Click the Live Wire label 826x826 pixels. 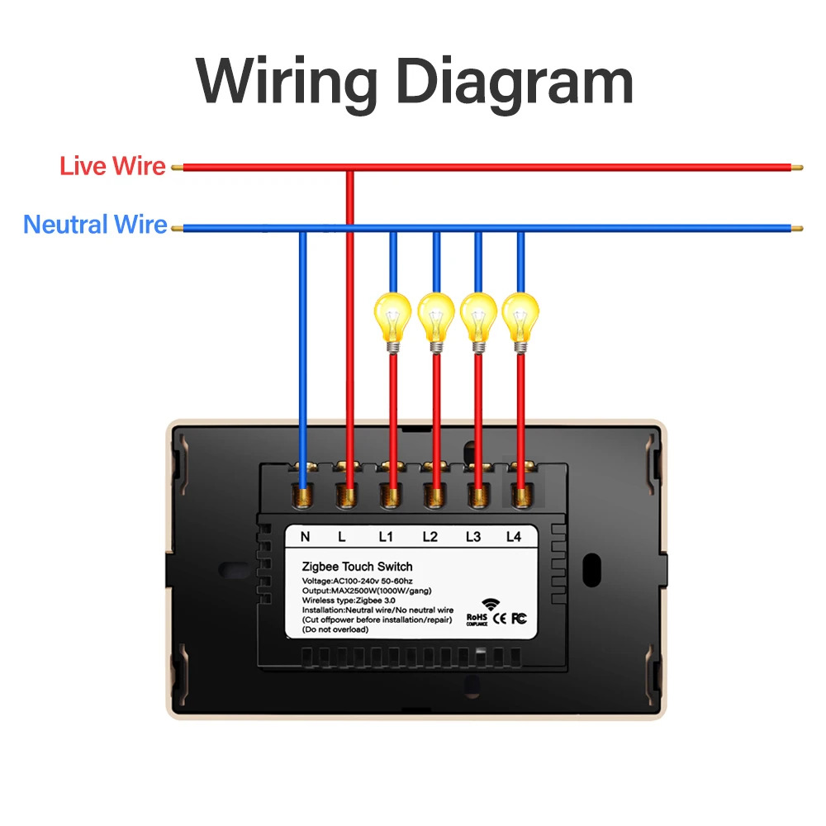click(112, 167)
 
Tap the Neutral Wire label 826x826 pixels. click(95, 225)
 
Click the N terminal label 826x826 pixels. click(305, 537)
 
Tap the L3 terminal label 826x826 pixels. click(472, 537)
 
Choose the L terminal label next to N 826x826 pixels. click(342, 537)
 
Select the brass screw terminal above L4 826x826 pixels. click(520, 496)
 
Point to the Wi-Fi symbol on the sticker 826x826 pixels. click(493, 604)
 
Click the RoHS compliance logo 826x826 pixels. click(477, 619)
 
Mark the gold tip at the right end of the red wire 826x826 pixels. click(797, 168)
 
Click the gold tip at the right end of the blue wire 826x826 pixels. click(797, 228)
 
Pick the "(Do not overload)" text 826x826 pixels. click(336, 629)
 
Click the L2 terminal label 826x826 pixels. click(430, 537)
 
